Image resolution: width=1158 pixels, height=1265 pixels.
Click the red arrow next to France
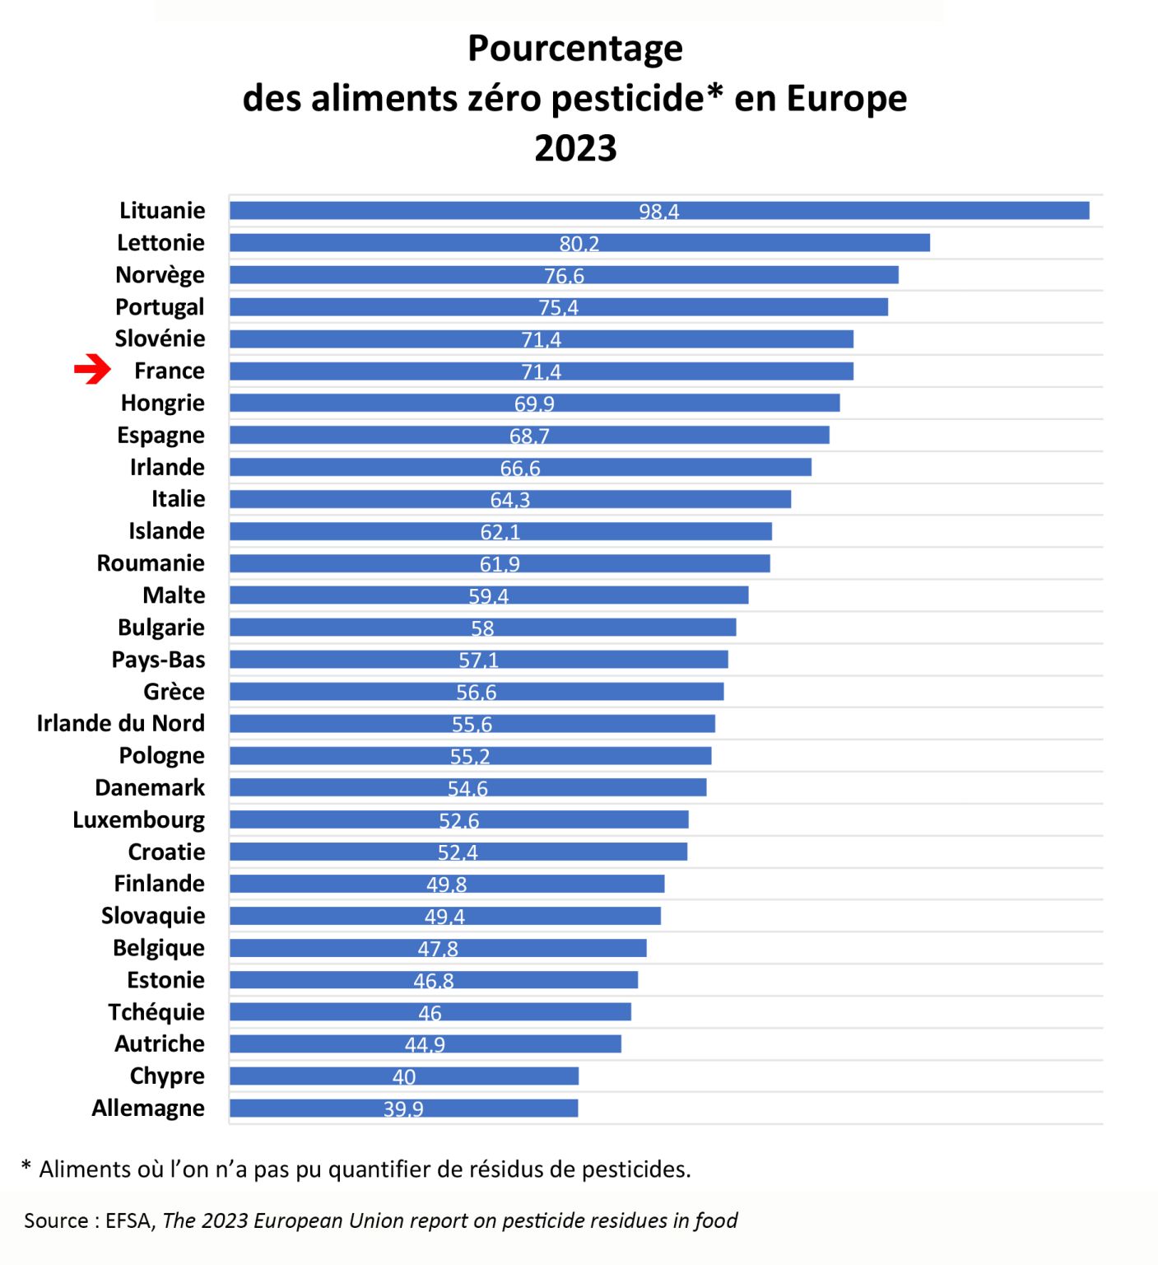coord(92,370)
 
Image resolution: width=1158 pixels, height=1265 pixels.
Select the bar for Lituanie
coord(658,211)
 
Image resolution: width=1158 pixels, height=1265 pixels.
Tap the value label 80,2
coord(579,244)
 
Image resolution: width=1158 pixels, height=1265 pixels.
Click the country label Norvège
coord(160,275)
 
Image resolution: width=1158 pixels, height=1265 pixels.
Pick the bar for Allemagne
coord(403,1108)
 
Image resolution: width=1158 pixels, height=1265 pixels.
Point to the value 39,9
coord(403,1109)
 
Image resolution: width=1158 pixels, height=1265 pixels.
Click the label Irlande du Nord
coord(120,723)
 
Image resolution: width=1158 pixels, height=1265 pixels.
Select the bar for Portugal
coord(558,307)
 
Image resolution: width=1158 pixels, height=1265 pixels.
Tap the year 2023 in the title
coord(575,148)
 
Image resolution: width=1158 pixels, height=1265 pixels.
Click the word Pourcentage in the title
coord(575,49)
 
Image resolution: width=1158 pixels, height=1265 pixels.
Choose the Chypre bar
coord(403,1076)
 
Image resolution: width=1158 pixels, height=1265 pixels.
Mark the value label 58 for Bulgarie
coord(482,628)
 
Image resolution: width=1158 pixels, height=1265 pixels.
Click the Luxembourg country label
coord(138,820)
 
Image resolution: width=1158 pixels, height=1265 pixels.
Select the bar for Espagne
coord(528,435)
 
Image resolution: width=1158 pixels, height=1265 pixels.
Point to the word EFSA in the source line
coord(128,1221)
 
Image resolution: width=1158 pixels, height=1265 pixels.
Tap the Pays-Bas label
coord(158,660)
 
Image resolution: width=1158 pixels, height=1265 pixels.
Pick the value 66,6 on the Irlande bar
coord(520,468)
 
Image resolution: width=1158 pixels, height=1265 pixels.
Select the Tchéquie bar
coord(430,1012)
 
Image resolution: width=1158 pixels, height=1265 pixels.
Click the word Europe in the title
coord(846,98)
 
